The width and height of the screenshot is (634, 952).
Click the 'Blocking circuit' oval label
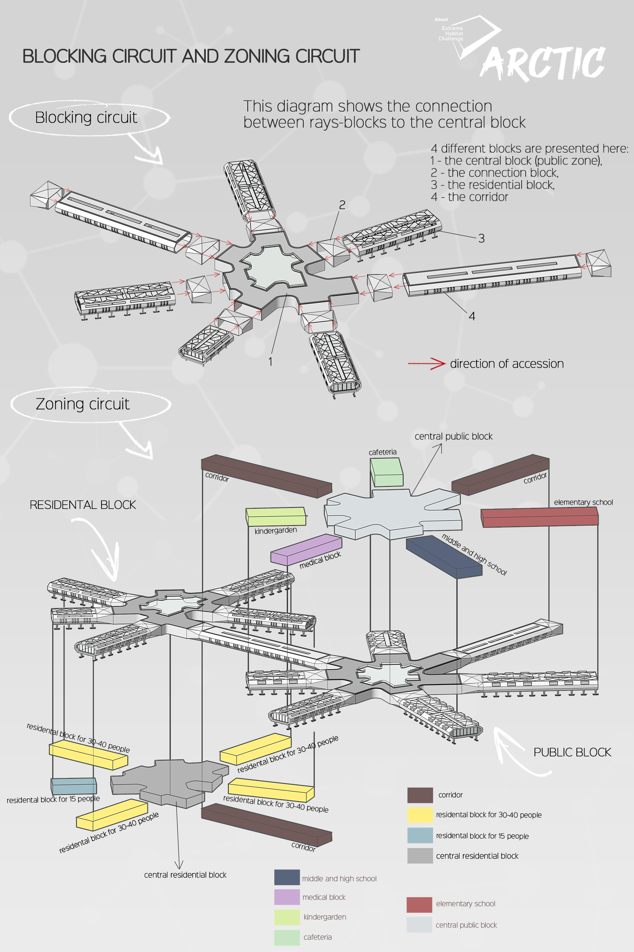click(x=86, y=117)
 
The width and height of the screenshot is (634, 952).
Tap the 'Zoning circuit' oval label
click(x=83, y=404)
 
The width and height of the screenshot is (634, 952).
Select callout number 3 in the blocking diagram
click(x=481, y=238)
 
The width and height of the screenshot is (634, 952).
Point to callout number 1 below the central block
click(x=271, y=361)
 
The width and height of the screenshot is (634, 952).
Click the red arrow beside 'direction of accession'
click(x=426, y=363)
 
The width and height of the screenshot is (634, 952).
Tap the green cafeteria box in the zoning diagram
click(x=387, y=472)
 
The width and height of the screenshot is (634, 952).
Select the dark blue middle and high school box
click(x=444, y=556)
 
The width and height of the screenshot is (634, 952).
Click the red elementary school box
click(x=539, y=518)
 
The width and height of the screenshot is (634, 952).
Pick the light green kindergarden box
click(x=276, y=517)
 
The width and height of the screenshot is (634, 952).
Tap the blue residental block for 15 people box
click(x=74, y=786)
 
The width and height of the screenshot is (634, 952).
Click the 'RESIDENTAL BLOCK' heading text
click(x=83, y=505)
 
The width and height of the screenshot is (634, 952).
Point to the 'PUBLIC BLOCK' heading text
click(x=572, y=752)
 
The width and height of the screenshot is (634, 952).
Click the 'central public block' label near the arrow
click(x=453, y=436)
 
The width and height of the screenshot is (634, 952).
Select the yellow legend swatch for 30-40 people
click(x=420, y=815)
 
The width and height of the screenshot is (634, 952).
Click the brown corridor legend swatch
click(x=420, y=795)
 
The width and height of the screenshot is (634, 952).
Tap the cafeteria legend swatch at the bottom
click(x=287, y=937)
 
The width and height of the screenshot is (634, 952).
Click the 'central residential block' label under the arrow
click(x=185, y=875)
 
